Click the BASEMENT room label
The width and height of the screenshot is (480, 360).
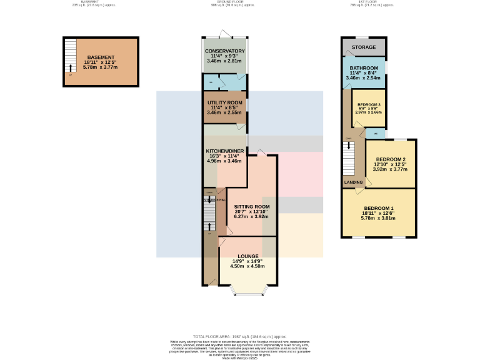101,57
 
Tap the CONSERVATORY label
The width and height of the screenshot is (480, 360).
224,51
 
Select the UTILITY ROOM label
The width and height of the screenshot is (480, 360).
225,102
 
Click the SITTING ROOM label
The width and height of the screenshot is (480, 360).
252,206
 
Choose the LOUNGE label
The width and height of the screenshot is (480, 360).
246,256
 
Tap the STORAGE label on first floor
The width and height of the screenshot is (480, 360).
364,47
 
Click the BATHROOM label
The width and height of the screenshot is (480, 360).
364,67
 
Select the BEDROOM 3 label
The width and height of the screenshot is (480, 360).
368,104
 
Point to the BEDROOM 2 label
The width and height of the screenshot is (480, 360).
391,159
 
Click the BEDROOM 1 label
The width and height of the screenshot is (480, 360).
379,208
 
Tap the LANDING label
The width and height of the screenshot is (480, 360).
354,182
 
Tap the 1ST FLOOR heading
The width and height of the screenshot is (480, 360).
362,2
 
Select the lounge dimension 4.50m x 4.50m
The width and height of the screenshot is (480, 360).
246,266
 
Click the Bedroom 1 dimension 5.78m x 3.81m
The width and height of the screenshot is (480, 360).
379,218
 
